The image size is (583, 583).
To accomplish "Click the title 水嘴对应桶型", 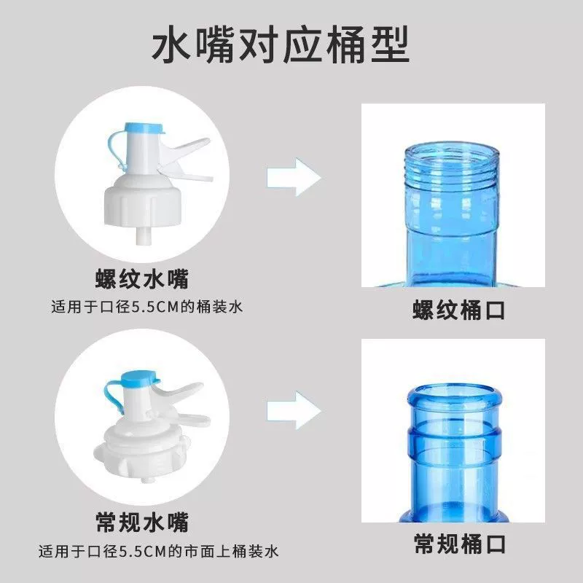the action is [281, 45].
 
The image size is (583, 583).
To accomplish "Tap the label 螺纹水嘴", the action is [142, 279].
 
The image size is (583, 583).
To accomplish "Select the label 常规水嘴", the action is [142, 522].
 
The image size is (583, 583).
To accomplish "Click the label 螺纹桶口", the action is [459, 310].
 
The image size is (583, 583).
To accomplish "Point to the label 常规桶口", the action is [460, 544].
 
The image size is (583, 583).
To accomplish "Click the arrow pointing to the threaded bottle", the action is [294, 177].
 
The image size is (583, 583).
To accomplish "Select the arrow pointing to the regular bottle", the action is [294, 410].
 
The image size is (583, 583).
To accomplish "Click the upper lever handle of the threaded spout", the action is [186, 149].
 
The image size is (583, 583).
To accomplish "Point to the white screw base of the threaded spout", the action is [143, 201].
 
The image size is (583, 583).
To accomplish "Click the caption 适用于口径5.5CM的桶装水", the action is [147, 307].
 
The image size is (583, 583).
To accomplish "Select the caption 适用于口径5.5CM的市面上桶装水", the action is [158, 551].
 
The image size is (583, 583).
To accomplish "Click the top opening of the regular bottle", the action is [454, 394].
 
